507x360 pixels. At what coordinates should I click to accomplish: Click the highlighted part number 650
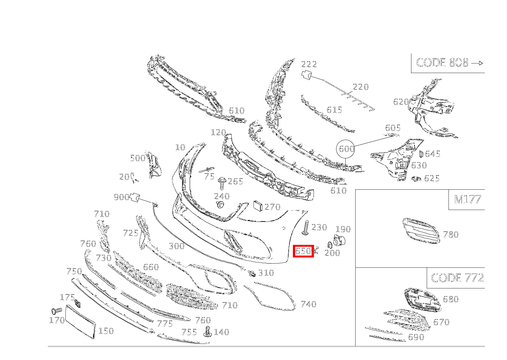tap(303, 251)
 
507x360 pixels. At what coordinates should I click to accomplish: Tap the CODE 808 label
tap(442, 63)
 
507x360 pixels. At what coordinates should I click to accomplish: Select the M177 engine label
tap(467, 199)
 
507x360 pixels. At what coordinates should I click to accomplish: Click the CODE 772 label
tap(457, 278)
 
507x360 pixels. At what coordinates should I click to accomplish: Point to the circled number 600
tap(346, 149)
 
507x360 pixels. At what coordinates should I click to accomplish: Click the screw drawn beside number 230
tap(306, 228)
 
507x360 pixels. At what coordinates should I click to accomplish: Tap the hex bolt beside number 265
tap(222, 183)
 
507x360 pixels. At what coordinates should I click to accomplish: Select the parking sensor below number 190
tap(339, 241)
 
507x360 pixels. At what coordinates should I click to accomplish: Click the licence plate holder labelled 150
tap(81, 322)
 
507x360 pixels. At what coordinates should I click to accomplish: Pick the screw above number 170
tap(56, 311)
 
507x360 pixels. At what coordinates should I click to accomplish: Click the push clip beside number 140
tap(207, 332)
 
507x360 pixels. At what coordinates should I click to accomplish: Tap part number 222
tap(309, 64)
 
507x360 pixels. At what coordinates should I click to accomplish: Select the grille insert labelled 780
tap(421, 231)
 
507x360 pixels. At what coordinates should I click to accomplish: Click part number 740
tap(309, 304)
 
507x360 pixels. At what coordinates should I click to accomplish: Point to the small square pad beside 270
tap(258, 205)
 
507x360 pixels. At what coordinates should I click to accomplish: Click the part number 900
tap(122, 197)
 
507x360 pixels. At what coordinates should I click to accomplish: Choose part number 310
tap(266, 273)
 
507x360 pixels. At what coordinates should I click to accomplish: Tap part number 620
tap(401, 102)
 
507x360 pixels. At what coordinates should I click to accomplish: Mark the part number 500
tap(138, 158)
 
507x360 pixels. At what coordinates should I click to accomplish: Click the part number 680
tap(451, 299)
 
